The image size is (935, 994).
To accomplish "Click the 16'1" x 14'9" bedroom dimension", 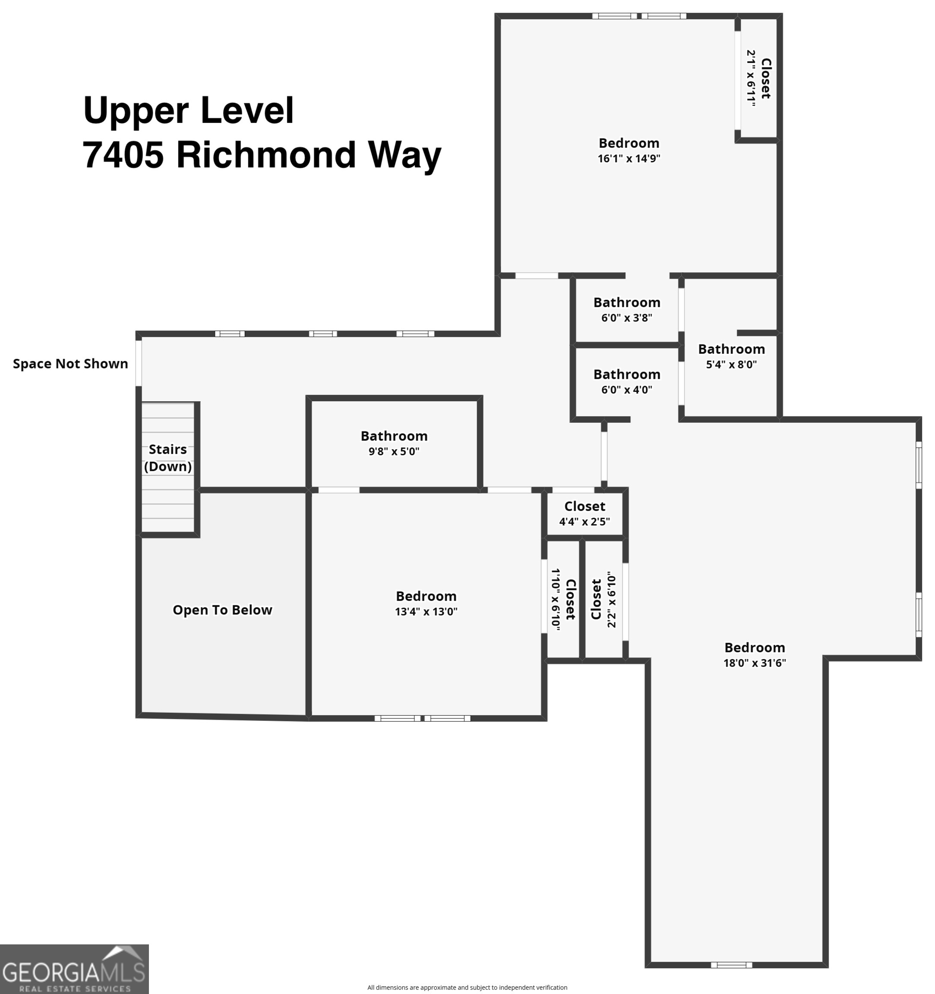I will (x=629, y=158).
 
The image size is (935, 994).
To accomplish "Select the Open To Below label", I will (x=222, y=610).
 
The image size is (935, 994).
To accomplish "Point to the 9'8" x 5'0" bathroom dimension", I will (x=394, y=451).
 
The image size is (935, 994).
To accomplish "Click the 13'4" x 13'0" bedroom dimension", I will (x=426, y=611).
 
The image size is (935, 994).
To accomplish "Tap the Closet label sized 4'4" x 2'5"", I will (x=584, y=506).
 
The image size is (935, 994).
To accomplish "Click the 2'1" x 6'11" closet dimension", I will (x=750, y=78).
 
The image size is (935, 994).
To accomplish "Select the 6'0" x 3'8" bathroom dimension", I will (x=626, y=318).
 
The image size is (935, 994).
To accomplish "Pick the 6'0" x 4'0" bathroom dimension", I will (x=626, y=390).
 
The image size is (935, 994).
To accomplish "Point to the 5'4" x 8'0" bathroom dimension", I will (x=731, y=364).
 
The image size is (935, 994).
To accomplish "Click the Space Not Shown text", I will (x=70, y=364).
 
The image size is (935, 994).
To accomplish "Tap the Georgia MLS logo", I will (x=74, y=969).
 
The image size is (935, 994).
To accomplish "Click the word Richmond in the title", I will (x=265, y=155).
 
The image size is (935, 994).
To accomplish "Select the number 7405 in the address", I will (x=123, y=155).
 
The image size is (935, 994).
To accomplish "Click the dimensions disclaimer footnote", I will (x=467, y=987).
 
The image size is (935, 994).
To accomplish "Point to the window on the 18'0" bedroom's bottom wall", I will (x=731, y=965).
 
